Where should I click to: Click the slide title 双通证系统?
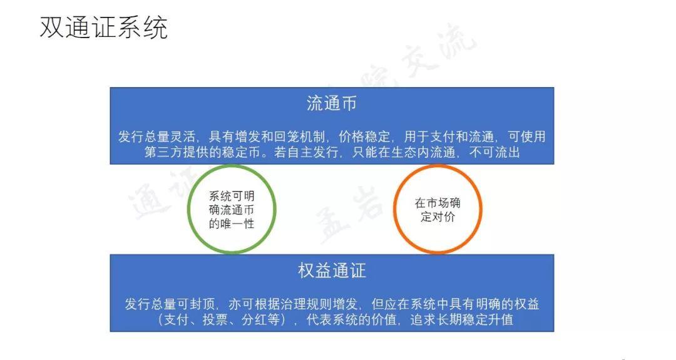[x=103, y=27]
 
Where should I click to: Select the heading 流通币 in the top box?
[x=332, y=103]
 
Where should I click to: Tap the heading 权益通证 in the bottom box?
[x=332, y=270]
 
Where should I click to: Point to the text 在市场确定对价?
[x=438, y=210]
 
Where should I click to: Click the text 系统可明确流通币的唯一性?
[x=232, y=210]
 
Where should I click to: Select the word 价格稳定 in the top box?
[x=364, y=136]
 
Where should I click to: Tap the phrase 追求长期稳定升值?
[x=462, y=319]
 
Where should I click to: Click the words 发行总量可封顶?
[x=170, y=304]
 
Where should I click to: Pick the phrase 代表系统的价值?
[x=351, y=319]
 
